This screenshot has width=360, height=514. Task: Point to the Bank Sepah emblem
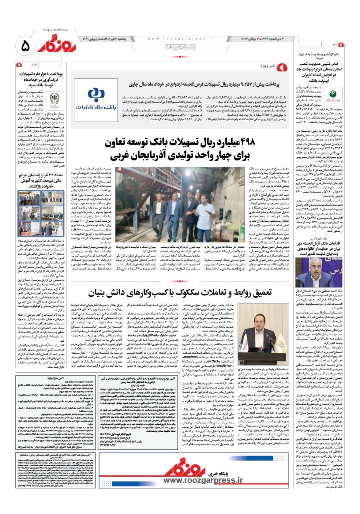[x=54, y=99]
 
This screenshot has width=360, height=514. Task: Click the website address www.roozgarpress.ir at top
[x=169, y=39]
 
